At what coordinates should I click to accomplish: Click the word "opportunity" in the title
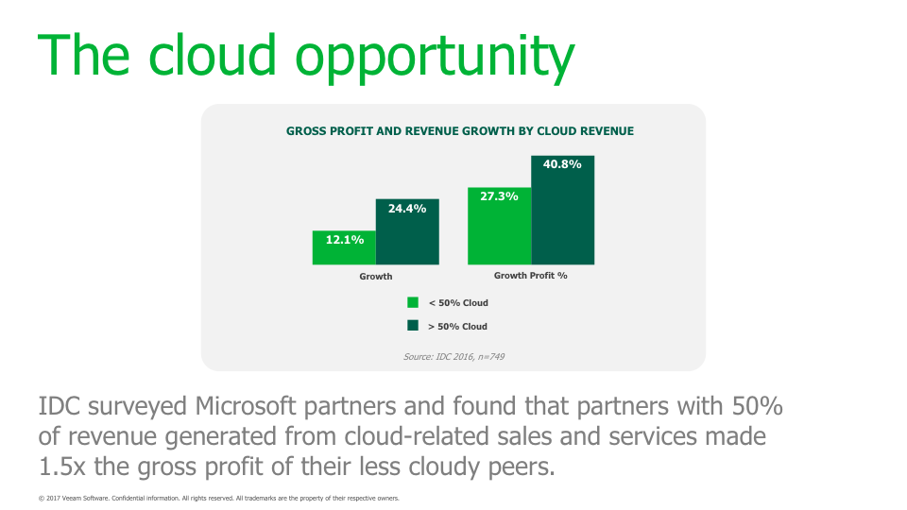pyautogui.click(x=435, y=59)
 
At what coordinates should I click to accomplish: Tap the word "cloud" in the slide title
pyautogui.click(x=213, y=55)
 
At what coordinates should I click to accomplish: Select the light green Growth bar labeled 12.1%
pyautogui.click(x=344, y=248)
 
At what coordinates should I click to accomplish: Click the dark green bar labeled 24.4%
pyautogui.click(x=407, y=232)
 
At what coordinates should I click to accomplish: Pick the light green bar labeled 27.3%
pyautogui.click(x=500, y=226)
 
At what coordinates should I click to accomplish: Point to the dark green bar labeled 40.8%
pyautogui.click(x=563, y=210)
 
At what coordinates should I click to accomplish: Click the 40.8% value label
pyautogui.click(x=562, y=164)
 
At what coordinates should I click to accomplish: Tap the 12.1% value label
pyautogui.click(x=345, y=239)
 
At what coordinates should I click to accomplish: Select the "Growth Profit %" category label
pyautogui.click(x=530, y=276)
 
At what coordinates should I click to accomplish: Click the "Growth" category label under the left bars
pyautogui.click(x=376, y=277)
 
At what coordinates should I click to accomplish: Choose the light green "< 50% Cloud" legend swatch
pyautogui.click(x=413, y=302)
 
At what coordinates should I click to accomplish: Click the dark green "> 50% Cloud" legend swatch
pyautogui.click(x=413, y=326)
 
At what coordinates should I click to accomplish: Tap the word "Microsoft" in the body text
pyautogui.click(x=246, y=406)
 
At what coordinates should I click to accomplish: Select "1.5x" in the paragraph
pyautogui.click(x=62, y=467)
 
